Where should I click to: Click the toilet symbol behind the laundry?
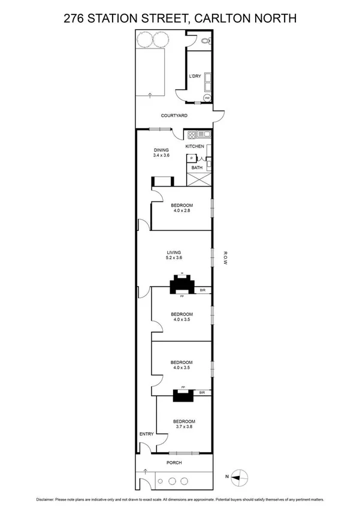[205, 41]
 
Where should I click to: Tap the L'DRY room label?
[195, 76]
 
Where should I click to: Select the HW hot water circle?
[208, 98]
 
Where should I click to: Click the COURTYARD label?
[174, 116]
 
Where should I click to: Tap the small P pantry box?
[191, 158]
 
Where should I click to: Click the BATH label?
[197, 168]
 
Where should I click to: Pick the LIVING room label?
[174, 252]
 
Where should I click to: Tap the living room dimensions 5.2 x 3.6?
[174, 258]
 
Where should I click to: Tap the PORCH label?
[174, 463]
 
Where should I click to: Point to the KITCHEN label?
[195, 146]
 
